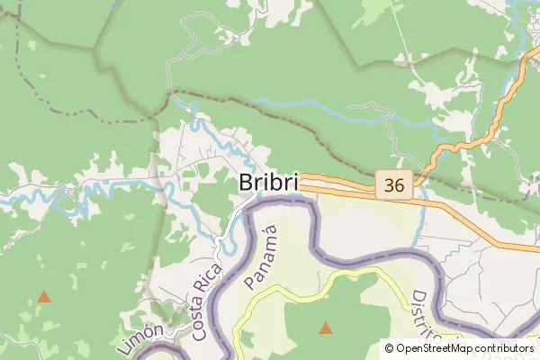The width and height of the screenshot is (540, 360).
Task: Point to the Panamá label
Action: (x=261, y=257)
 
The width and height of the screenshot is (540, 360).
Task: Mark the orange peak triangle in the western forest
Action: (x=43, y=295)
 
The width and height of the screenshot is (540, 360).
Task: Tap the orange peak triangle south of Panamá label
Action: (x=325, y=328)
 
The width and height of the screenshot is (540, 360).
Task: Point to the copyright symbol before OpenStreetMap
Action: (x=389, y=347)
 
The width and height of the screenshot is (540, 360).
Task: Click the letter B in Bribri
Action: (x=247, y=181)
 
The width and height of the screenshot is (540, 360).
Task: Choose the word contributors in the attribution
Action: (x=505, y=347)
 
